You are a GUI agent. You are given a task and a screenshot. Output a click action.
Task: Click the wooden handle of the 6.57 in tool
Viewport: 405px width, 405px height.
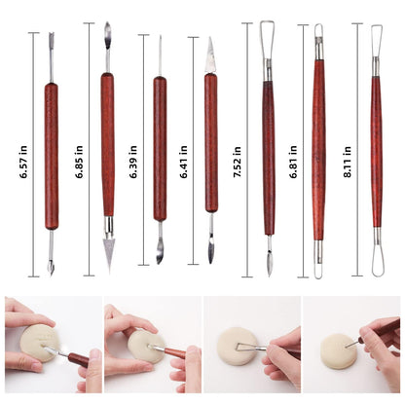point(52,156)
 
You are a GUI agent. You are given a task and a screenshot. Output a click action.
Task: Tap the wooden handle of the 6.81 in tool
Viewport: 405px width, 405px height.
point(318,156)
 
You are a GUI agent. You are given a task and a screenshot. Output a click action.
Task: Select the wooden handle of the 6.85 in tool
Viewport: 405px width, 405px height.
point(107,156)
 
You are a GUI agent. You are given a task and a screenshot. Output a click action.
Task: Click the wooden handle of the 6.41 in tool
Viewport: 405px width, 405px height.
point(211,156)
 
